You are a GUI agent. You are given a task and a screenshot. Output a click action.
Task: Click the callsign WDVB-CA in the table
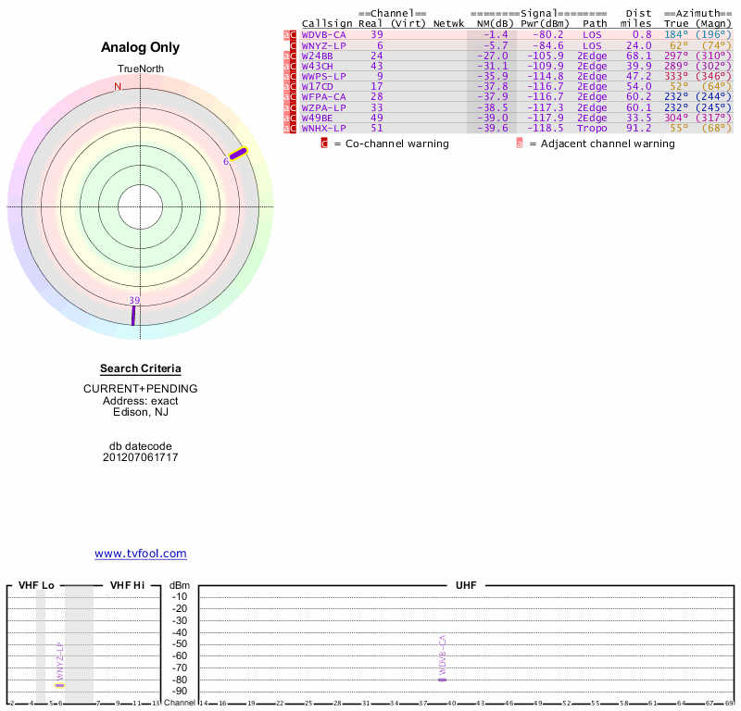pos(323,34)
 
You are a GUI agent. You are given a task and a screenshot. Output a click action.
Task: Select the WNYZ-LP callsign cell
pos(323,45)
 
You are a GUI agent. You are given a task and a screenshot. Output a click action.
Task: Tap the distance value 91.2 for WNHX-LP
pos(639,128)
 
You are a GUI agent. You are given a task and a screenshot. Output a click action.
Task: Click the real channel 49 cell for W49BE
pos(376,118)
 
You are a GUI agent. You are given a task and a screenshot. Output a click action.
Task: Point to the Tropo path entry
pos(592,128)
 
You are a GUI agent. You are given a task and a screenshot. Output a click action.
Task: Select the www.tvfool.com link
pos(140,554)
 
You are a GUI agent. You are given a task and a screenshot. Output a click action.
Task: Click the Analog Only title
pos(140,47)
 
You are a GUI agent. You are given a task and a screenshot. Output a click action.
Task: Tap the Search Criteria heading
pos(140,368)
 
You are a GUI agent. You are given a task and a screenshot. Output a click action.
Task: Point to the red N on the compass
pos(118,87)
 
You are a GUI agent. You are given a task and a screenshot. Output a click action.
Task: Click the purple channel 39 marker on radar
pos(133,315)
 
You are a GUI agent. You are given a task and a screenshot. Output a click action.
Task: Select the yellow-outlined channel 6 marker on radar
pos(239,154)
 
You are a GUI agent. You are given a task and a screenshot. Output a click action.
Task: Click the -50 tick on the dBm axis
pos(180,643)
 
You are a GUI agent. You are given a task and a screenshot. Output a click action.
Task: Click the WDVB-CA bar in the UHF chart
pos(443,680)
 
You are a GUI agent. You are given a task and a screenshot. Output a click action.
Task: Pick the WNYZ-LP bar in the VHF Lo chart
pos(59,685)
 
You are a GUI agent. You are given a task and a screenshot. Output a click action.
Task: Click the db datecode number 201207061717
pos(140,457)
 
